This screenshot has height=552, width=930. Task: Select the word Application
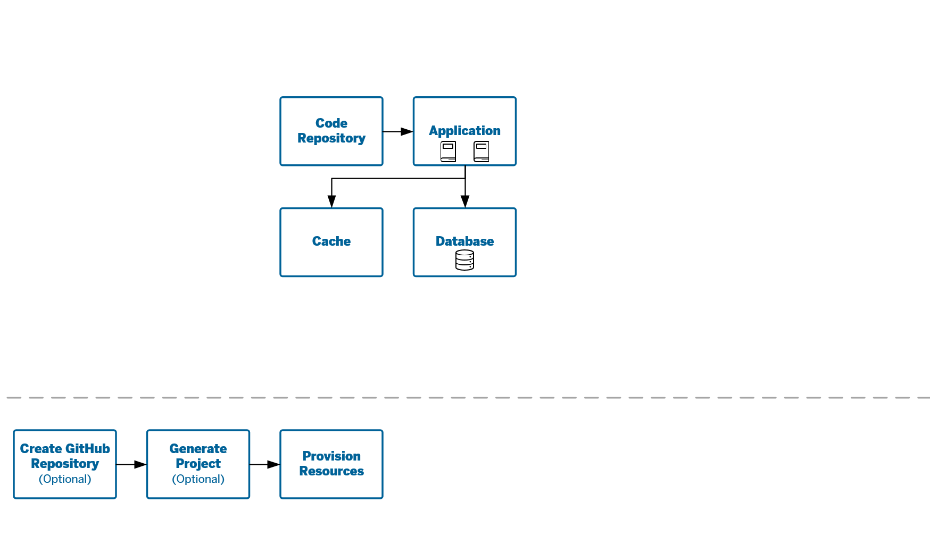464,131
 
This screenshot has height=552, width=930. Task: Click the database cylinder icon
464,260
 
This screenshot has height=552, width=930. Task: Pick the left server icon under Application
448,152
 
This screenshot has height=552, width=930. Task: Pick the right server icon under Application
481,152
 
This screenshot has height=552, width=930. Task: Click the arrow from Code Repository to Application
398,131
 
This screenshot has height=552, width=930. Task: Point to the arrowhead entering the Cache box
331,201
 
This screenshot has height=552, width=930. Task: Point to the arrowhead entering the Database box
465,201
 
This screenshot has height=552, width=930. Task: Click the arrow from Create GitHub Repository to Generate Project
131,464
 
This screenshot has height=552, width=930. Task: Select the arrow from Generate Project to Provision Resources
265,464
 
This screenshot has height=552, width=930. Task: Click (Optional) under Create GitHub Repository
65,479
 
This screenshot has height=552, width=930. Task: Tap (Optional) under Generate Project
198,479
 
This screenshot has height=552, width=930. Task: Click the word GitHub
87,449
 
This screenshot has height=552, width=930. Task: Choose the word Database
464,241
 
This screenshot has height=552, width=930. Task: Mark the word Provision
331,456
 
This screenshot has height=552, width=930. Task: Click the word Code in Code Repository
331,123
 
